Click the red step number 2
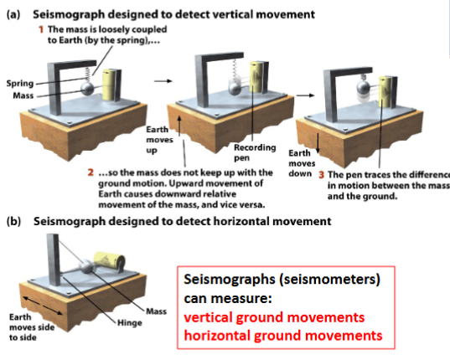click(90, 173)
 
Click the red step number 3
click(321, 175)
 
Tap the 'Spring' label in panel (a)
click(19, 84)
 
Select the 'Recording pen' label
click(249, 152)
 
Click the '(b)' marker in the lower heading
click(12, 222)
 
